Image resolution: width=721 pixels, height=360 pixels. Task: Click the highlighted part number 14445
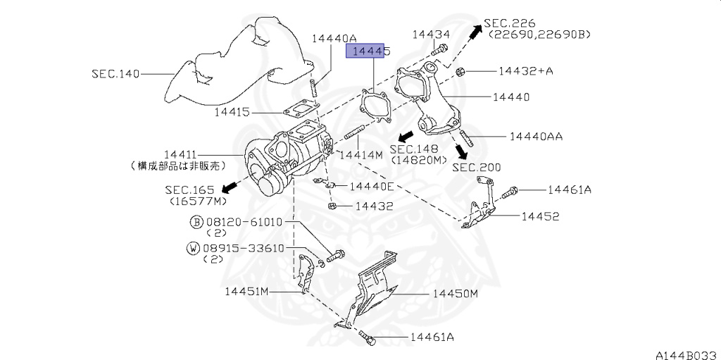click(368, 51)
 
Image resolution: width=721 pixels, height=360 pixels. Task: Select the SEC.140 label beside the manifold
click(115, 73)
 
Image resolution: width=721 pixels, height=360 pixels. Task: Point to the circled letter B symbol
click(196, 222)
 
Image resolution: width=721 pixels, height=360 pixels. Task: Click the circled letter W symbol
click(192, 248)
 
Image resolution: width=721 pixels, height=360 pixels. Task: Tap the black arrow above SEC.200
click(461, 151)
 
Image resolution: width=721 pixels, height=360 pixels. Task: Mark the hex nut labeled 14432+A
click(460, 71)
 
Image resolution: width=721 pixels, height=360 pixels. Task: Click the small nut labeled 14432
click(333, 206)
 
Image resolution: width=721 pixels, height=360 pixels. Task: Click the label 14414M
click(360, 154)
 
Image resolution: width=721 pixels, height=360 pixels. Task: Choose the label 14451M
click(247, 291)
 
